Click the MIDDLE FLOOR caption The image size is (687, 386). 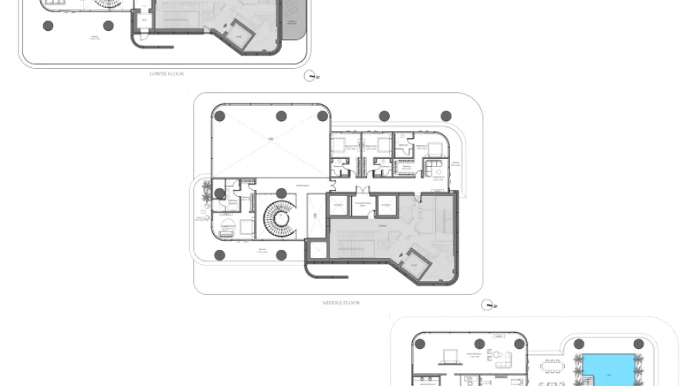click(341, 302)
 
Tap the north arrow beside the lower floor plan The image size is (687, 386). click(312, 75)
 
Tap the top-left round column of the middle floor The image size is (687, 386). click(220, 117)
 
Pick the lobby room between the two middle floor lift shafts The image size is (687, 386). click(363, 205)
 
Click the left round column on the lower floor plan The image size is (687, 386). click(49, 25)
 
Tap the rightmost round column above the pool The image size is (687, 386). click(638, 344)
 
